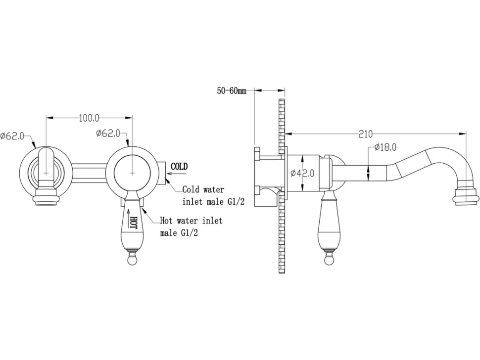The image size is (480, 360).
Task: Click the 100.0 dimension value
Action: [89, 118]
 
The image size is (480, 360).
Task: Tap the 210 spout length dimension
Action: [365, 134]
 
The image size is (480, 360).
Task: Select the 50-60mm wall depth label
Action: [232, 91]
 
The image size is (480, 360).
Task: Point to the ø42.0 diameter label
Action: [302, 174]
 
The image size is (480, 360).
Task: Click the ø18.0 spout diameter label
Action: [385, 147]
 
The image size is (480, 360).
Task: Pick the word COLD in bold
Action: [179, 167]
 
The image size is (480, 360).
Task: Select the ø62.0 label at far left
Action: [12, 136]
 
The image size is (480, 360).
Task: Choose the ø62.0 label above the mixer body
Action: [108, 134]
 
